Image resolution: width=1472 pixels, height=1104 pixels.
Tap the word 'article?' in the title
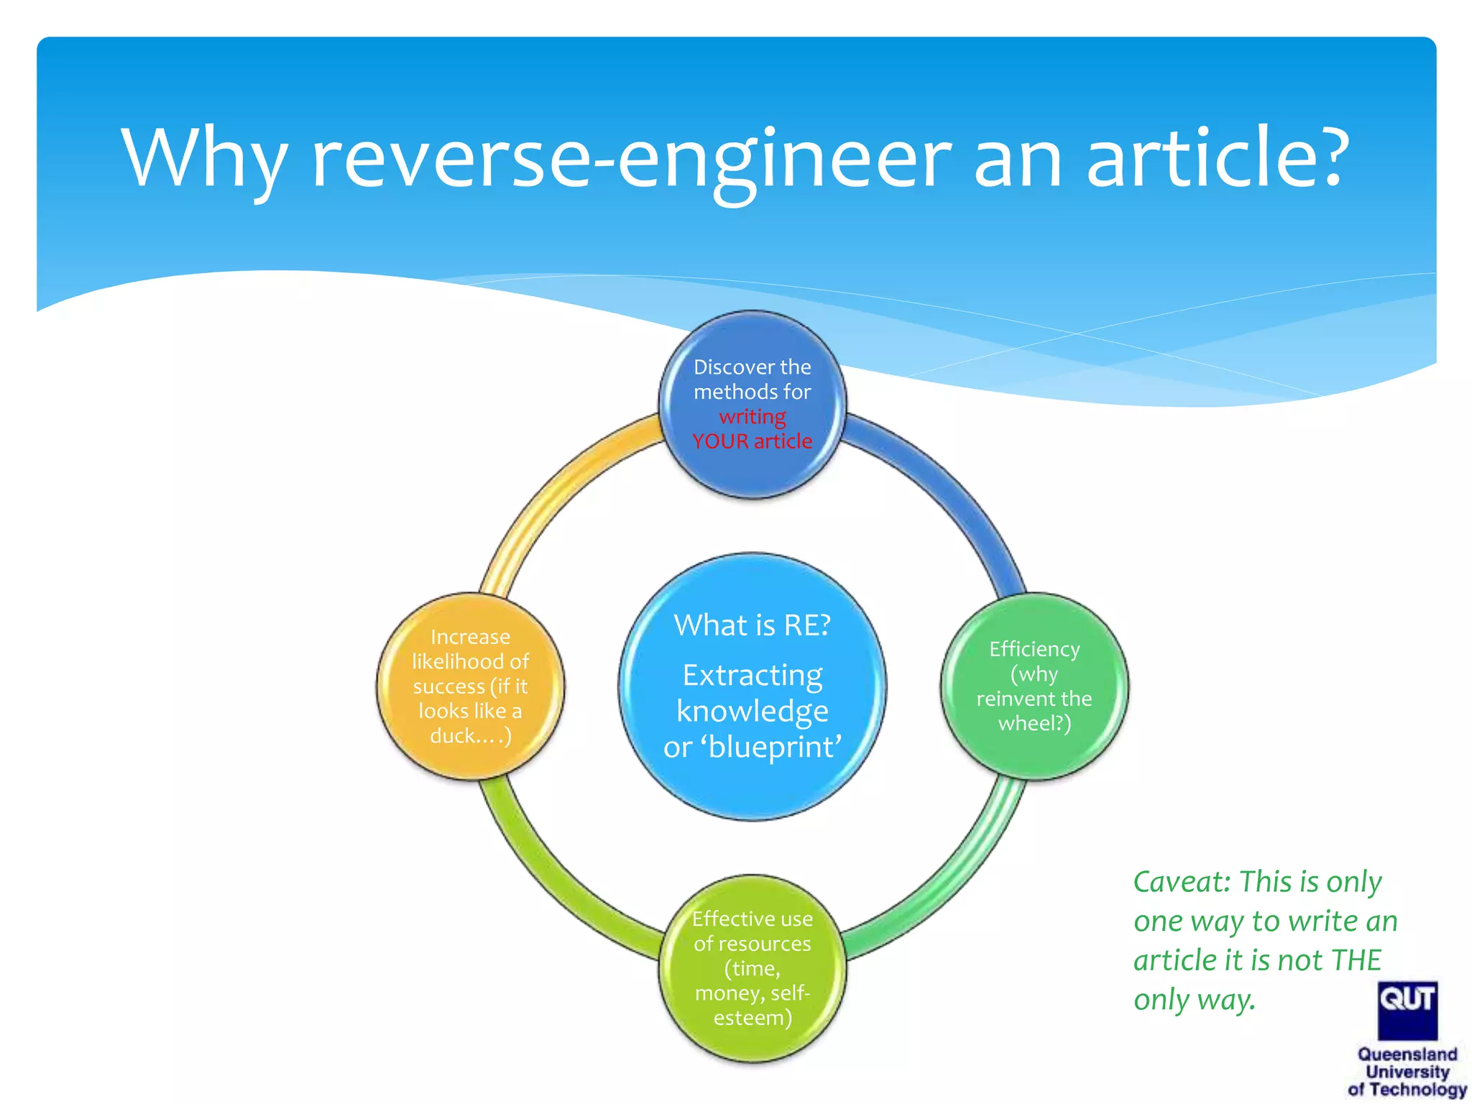(x=1215, y=158)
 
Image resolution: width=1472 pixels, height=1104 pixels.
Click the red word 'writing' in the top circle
(x=753, y=417)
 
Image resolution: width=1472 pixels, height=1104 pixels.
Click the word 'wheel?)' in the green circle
(x=1034, y=723)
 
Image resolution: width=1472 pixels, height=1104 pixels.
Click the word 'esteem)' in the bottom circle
(x=753, y=1018)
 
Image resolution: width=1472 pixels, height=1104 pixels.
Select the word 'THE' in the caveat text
(x=1356, y=960)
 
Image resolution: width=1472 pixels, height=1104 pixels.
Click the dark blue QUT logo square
(x=1407, y=1010)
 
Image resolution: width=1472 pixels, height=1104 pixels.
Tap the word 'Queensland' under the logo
(x=1407, y=1054)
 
